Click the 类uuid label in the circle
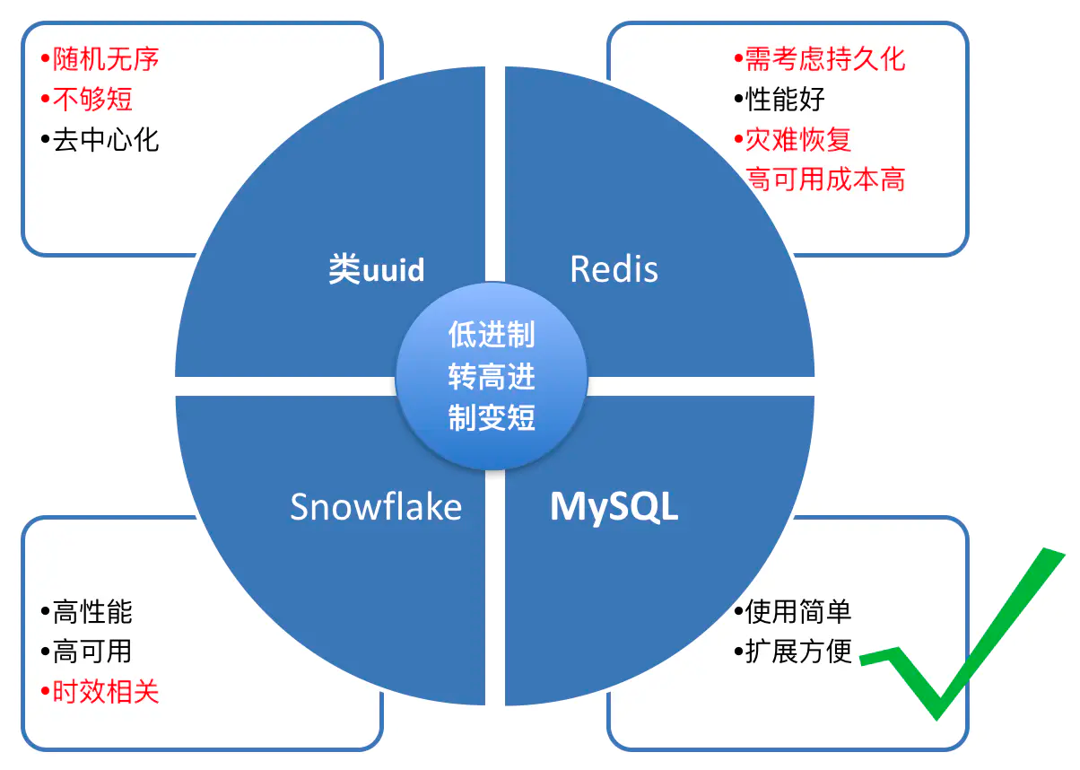(x=377, y=268)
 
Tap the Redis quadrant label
(x=614, y=268)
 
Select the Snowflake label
(x=376, y=506)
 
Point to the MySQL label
(x=614, y=508)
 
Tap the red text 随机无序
(x=106, y=59)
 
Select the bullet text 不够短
(x=92, y=100)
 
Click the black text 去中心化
(x=106, y=140)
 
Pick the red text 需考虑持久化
(x=825, y=59)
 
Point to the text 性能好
(x=785, y=100)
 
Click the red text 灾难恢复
(x=798, y=140)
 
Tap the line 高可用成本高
(x=825, y=179)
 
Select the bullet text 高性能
(x=92, y=612)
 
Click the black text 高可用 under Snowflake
(x=92, y=652)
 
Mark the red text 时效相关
(x=106, y=691)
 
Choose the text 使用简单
(x=798, y=612)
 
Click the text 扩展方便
(x=798, y=652)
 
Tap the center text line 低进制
(x=492, y=335)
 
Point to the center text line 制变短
(x=492, y=417)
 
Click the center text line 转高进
(x=492, y=376)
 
